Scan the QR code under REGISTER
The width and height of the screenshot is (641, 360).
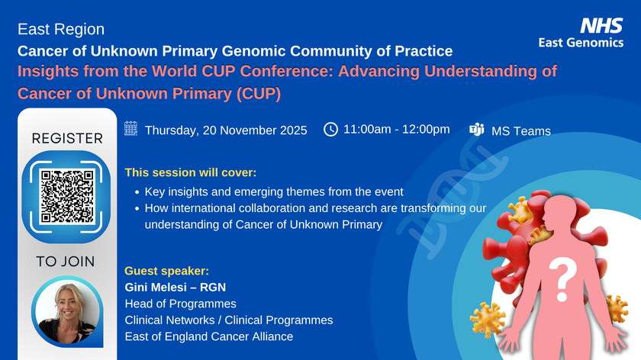tap(67, 196)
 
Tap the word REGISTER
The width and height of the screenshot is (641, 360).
tap(66, 138)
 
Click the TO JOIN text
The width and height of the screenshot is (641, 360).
tap(66, 262)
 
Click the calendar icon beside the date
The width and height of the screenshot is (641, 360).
tap(130, 129)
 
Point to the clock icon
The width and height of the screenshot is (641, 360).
tap(331, 129)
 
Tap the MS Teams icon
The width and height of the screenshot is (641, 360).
tap(477, 129)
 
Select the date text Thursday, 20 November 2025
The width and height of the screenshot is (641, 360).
tap(226, 130)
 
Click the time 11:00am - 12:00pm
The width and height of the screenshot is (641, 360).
tap(396, 129)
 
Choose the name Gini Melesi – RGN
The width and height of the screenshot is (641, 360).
tap(175, 287)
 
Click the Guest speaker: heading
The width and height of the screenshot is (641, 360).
tap(166, 271)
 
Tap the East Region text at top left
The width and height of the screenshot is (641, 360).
tap(60, 30)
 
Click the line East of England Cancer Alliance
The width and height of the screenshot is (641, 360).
tap(208, 336)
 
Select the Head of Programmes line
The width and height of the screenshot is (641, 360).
tap(180, 304)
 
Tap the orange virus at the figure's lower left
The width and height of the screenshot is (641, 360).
tap(489, 318)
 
